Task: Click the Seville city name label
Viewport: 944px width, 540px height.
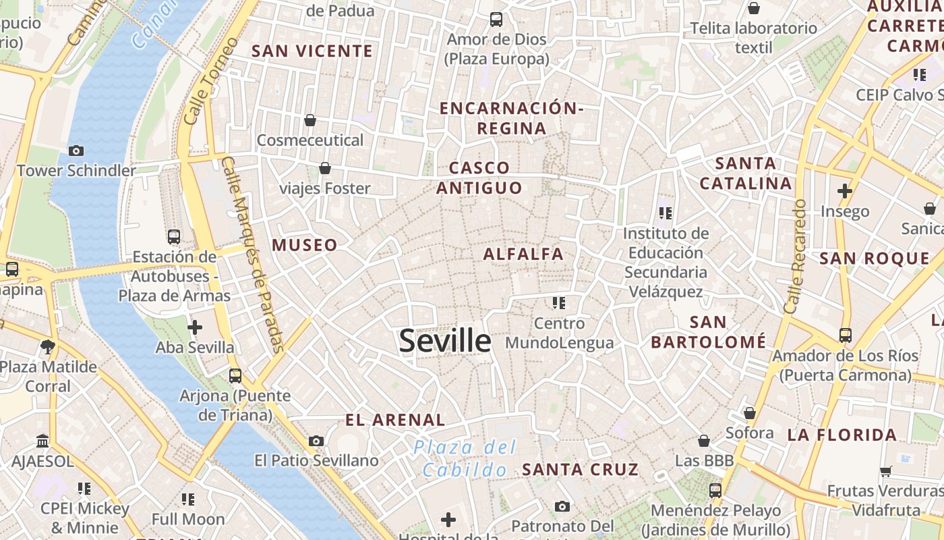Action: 444,341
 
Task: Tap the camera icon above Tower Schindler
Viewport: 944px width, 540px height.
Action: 76,151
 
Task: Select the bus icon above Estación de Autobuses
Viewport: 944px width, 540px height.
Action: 174,237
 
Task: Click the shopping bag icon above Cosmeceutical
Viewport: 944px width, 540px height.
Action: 310,120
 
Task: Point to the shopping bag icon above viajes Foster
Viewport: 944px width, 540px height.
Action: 325,167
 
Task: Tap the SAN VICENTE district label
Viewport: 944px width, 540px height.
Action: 312,51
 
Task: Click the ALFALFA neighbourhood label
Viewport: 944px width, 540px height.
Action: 523,254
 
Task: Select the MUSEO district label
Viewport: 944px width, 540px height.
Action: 305,245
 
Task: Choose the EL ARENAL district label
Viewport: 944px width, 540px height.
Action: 395,420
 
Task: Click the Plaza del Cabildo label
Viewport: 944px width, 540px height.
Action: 465,458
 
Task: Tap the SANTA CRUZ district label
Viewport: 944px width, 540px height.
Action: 580,469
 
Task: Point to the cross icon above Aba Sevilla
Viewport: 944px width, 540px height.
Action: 195,327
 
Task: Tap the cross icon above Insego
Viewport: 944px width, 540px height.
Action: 845,191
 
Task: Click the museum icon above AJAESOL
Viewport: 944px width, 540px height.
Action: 42,441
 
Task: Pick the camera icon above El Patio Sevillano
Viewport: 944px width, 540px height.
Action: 316,441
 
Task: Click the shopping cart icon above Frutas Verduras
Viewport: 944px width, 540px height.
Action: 885,471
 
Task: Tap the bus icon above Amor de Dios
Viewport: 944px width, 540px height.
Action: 496,19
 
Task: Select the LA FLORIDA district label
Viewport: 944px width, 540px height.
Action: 842,435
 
